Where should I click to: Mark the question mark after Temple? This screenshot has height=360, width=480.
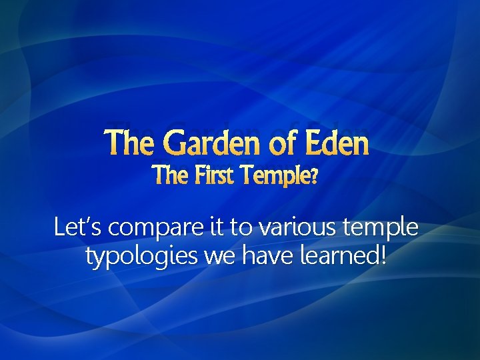click(x=314, y=177)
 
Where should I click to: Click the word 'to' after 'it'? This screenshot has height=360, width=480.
click(x=241, y=229)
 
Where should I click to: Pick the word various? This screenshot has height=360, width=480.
click(x=297, y=229)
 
